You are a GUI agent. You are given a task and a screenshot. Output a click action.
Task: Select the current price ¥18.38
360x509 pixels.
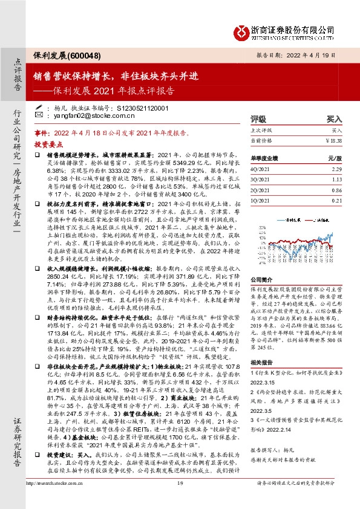[x=333, y=140]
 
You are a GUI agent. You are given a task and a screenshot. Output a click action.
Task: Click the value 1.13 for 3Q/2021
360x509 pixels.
[x=337, y=180]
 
